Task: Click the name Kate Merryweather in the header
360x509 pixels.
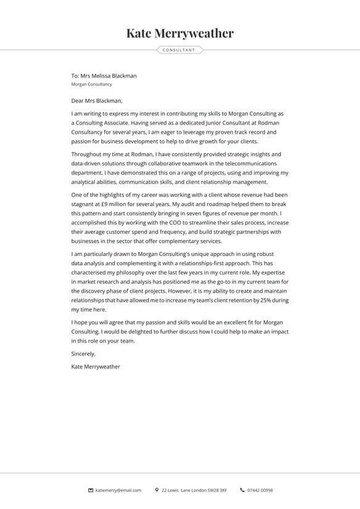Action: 180,33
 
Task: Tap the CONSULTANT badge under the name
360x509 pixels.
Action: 179,50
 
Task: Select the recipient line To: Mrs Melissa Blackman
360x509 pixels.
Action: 104,76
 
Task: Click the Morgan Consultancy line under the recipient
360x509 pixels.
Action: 92,84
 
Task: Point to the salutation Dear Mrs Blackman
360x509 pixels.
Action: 97,101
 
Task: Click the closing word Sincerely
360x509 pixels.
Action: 83,354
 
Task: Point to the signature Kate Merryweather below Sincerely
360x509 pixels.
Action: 96,366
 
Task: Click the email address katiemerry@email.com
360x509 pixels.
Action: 118,490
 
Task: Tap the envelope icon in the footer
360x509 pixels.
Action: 91,490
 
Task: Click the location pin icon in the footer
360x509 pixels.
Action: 157,490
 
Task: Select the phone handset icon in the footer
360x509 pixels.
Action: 242,490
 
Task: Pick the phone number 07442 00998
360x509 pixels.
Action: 260,490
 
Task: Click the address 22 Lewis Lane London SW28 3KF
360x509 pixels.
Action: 194,490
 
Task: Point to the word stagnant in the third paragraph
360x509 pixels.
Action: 83,204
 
